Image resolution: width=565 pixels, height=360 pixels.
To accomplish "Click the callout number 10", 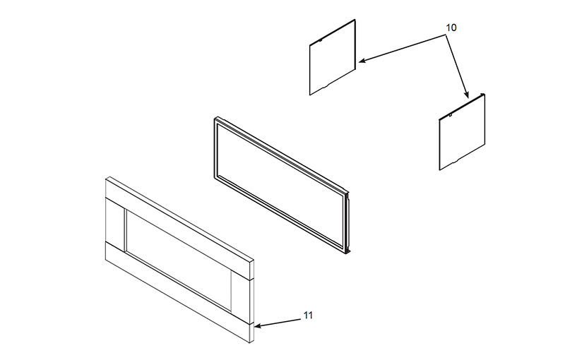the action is click(451, 28).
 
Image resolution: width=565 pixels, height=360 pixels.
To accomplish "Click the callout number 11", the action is click(308, 315).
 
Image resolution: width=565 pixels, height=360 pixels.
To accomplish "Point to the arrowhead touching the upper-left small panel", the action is click(362, 61).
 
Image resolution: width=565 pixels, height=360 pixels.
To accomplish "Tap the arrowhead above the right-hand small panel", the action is click(466, 94).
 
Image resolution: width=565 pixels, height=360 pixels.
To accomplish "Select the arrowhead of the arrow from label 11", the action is click(258, 326).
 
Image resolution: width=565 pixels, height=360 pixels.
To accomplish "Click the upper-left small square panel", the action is click(333, 58).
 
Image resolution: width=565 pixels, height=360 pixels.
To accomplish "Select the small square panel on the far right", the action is click(462, 132).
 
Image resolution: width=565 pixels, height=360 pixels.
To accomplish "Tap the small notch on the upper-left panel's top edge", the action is click(320, 41).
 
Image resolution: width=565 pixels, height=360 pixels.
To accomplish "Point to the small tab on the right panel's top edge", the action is click(450, 115).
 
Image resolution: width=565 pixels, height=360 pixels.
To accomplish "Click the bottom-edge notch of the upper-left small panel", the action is click(326, 85).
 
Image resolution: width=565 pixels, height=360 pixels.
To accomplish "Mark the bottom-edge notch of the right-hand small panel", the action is click(456, 160).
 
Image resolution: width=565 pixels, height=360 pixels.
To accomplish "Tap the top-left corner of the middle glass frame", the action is click(215, 117).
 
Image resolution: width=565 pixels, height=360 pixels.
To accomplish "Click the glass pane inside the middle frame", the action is click(280, 184).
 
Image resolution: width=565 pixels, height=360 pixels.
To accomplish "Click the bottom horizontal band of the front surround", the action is click(178, 292).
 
